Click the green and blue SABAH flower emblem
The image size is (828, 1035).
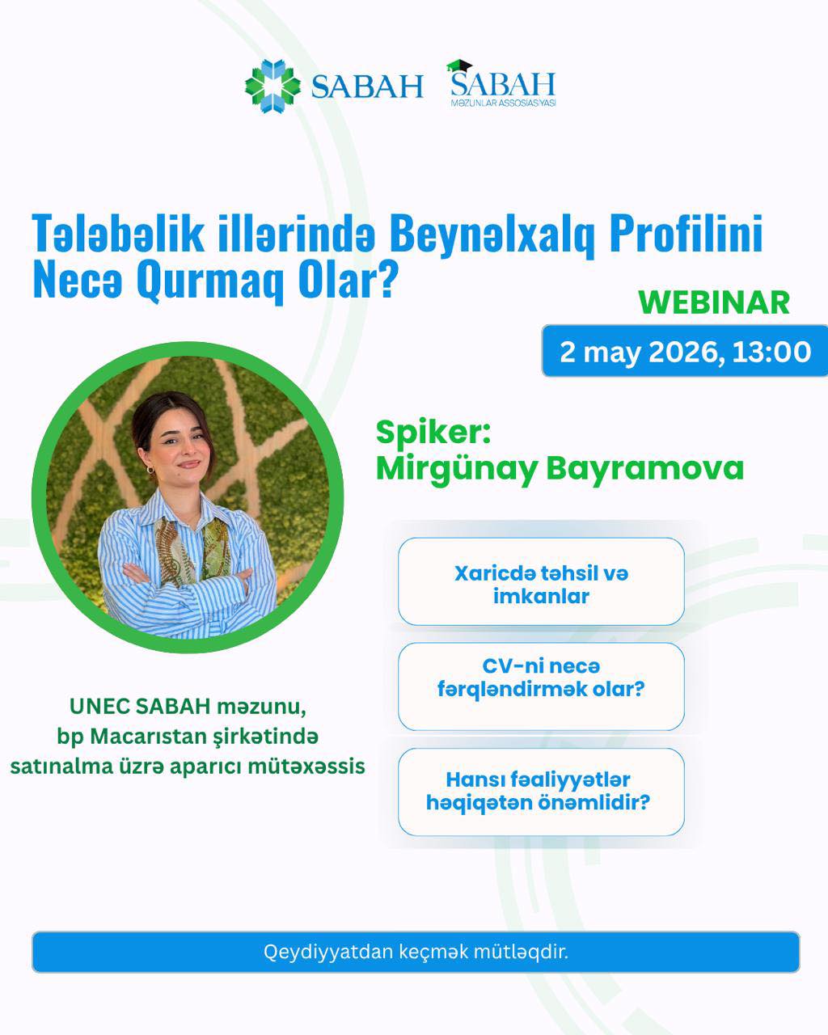[272, 86]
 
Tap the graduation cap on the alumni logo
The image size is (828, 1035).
[459, 65]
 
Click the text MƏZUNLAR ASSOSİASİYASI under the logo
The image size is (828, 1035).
[503, 103]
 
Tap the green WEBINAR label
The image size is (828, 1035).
[714, 302]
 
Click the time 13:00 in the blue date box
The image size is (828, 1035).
[771, 352]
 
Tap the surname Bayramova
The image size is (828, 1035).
[644, 468]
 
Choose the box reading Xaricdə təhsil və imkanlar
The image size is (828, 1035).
[541, 581]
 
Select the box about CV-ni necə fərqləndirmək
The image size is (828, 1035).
[541, 686]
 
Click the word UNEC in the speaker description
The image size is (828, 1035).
[99, 706]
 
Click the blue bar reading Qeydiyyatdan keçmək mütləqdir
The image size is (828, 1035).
[416, 953]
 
